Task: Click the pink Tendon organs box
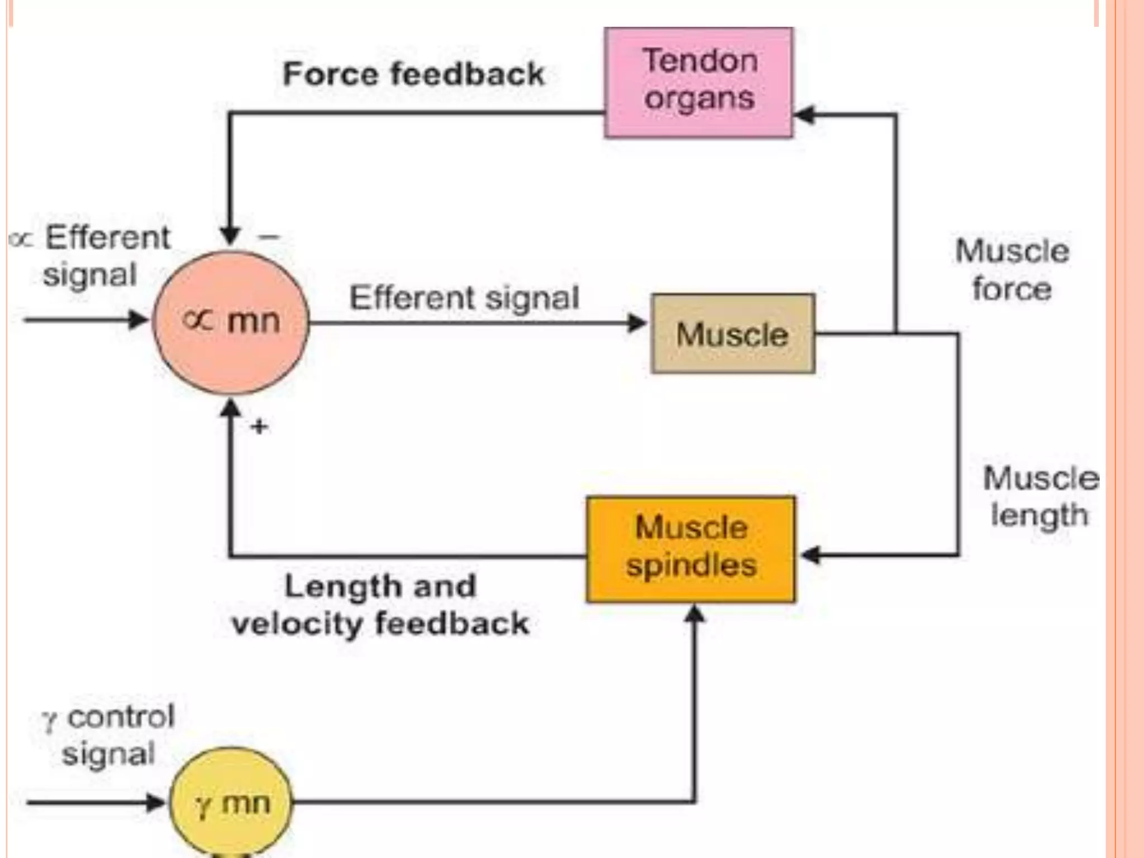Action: click(x=698, y=82)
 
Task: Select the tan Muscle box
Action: click(x=732, y=333)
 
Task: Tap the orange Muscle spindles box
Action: click(x=691, y=549)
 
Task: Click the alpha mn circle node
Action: click(x=231, y=322)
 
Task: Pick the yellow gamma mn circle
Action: click(x=231, y=802)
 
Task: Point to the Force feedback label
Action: click(x=413, y=74)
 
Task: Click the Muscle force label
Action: click(x=1012, y=269)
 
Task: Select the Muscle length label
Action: click(x=1040, y=496)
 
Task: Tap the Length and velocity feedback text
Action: click(x=380, y=604)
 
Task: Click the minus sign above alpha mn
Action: click(x=269, y=237)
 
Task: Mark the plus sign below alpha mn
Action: click(x=259, y=427)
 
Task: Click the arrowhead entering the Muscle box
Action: click(x=637, y=323)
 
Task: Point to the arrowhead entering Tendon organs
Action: click(x=804, y=115)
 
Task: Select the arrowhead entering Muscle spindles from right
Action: click(x=809, y=555)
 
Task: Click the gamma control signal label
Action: click(x=109, y=735)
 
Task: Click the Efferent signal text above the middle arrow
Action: click(x=464, y=297)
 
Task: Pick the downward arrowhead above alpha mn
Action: click(x=230, y=235)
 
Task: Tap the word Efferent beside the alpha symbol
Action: click(x=107, y=237)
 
